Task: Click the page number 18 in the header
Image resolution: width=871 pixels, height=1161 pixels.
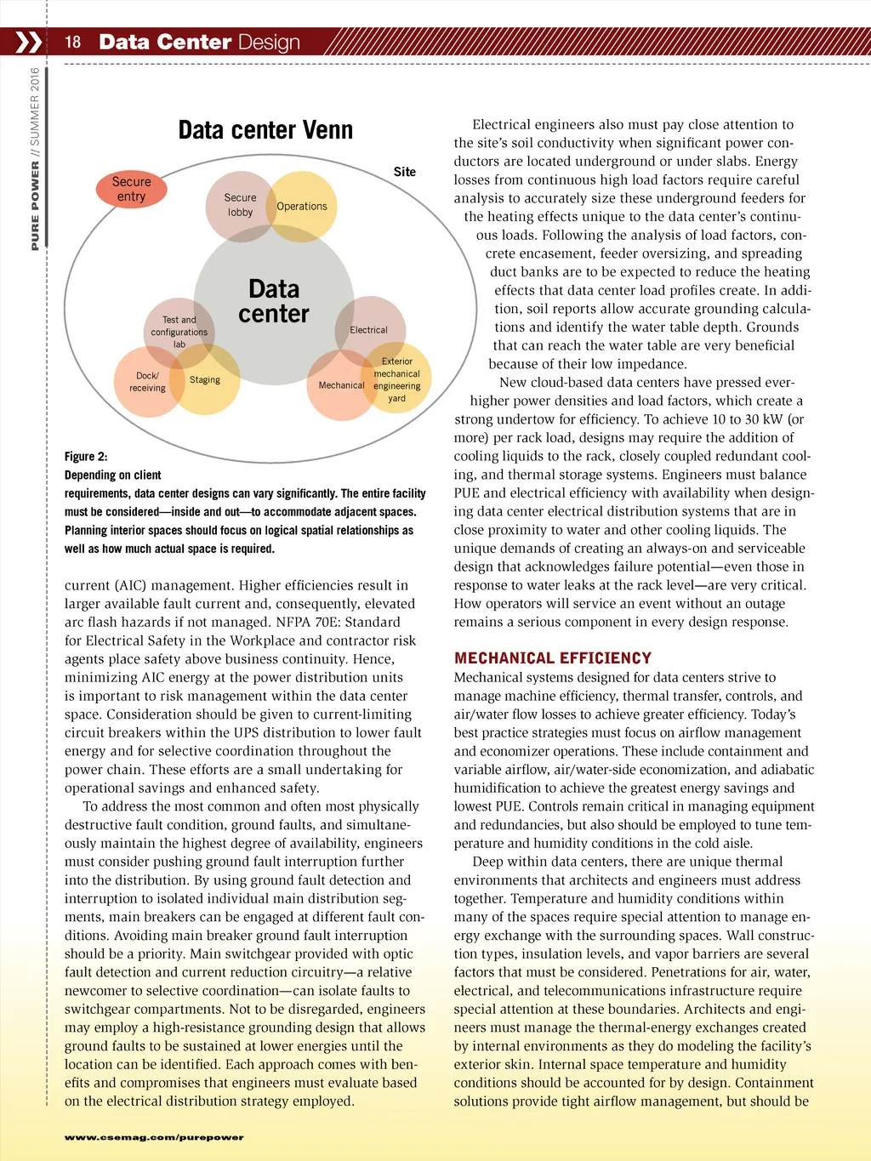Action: [73, 42]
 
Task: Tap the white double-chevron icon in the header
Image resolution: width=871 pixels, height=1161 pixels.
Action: [28, 42]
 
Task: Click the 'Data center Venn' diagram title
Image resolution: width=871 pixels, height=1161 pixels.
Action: [265, 130]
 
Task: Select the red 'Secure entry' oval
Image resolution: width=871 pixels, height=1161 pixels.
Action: [131, 189]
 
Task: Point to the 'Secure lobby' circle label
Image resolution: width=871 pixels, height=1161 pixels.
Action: [240, 205]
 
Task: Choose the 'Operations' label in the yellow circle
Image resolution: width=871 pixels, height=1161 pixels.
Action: [302, 207]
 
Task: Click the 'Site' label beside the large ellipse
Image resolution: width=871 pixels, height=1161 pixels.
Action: [405, 172]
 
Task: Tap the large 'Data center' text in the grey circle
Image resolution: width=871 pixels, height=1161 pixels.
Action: [274, 302]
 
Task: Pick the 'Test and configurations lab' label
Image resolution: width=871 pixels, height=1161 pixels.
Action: [179, 333]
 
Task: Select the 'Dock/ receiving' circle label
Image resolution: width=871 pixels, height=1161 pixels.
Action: [147, 382]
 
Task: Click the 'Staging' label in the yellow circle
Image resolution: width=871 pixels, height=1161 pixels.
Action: [205, 380]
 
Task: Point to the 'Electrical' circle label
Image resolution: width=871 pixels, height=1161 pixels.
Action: [368, 330]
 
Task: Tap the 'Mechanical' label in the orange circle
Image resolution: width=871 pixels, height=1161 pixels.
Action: [341, 385]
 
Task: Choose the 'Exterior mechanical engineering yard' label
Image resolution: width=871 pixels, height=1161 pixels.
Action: [397, 380]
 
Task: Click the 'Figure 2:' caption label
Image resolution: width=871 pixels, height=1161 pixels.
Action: [86, 457]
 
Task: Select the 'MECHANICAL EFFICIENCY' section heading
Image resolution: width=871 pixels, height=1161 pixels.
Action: [553, 658]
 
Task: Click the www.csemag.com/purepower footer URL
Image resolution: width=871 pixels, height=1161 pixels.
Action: [154, 1137]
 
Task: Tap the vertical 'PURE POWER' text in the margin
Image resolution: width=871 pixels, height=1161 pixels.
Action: [35, 206]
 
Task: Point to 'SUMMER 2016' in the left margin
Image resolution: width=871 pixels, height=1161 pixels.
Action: [35, 105]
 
